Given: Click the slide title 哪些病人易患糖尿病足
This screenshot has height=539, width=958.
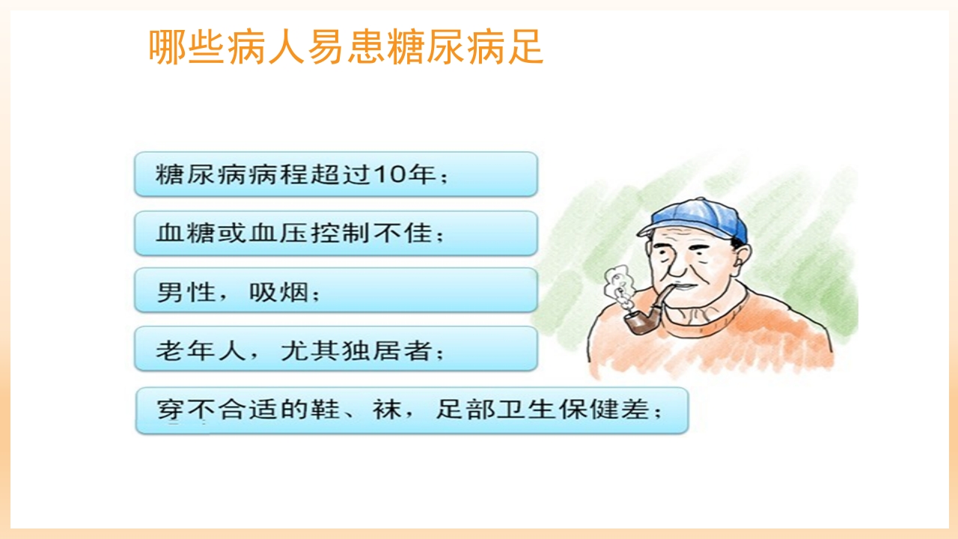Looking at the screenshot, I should coord(346,47).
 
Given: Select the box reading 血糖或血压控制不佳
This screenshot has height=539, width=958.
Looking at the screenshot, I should coord(335,233).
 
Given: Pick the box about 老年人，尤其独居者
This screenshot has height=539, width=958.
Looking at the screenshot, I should coord(335,349).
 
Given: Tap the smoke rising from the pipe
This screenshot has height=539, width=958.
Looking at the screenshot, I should coord(618,288).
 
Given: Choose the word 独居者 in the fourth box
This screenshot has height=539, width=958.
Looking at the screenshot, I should coord(382,350).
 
